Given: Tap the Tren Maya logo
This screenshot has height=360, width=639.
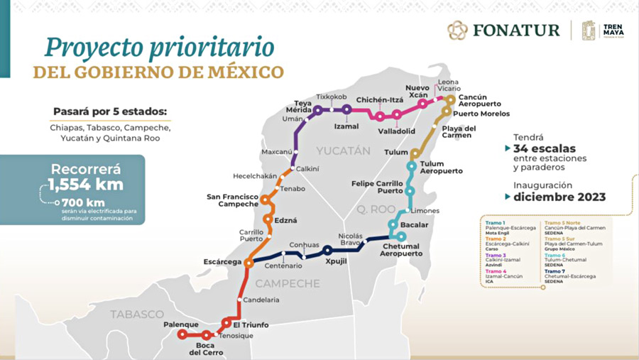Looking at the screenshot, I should [601, 31].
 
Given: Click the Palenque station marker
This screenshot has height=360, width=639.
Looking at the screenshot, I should [182, 334].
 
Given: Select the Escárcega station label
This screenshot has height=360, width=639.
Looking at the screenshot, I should [223, 261].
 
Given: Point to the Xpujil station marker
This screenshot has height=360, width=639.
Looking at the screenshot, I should [327, 250].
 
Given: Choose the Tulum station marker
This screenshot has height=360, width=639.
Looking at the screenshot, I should [415, 153].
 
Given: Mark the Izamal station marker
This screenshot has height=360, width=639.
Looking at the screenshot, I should [346, 109].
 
